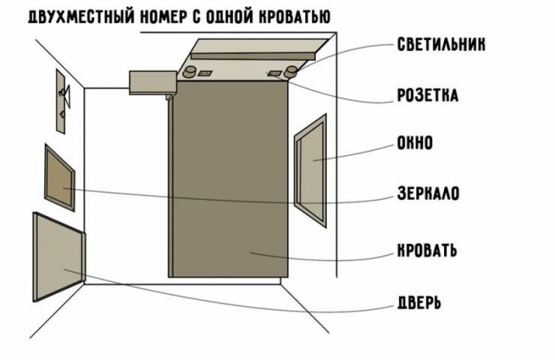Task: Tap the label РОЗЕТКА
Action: [427, 95]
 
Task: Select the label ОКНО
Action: [414, 142]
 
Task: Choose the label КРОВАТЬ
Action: [427, 249]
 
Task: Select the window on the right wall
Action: [311, 170]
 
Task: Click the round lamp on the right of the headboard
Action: [289, 72]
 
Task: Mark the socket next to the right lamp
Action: [275, 73]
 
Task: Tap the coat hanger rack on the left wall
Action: [61, 97]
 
